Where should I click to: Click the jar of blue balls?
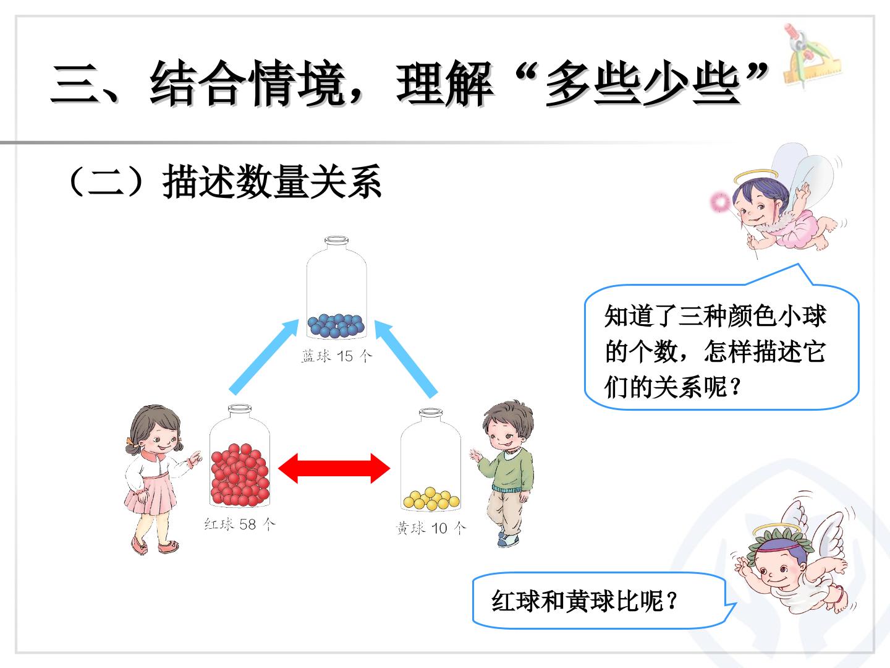(x=337, y=288)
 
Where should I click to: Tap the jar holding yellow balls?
(x=431, y=460)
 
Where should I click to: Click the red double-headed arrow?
(x=334, y=468)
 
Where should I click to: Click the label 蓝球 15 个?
(x=337, y=356)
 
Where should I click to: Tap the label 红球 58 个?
(x=240, y=524)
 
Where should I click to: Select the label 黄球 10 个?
(x=431, y=528)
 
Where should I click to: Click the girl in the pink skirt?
(x=160, y=479)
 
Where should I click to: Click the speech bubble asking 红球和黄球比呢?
(x=604, y=600)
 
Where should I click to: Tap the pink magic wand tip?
(x=720, y=202)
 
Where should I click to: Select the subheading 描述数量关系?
(x=272, y=181)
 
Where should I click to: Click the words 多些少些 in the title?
(x=642, y=84)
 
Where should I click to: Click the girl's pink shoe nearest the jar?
(x=168, y=547)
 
